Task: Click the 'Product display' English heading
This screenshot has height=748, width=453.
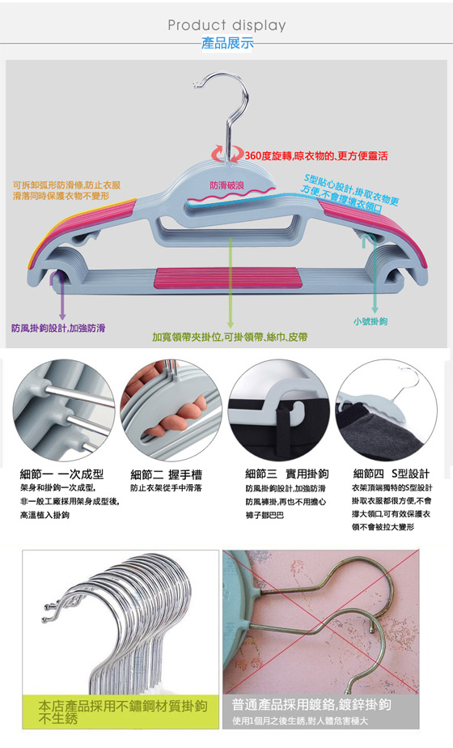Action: coord(226,25)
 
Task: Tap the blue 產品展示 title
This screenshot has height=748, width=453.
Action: coord(227,43)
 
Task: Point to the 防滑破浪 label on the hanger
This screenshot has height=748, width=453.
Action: coord(227,185)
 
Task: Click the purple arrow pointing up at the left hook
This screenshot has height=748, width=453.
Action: coord(61,295)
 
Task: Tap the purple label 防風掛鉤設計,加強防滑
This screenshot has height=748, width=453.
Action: coord(58,328)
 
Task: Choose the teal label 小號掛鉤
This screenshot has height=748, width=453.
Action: coord(370,321)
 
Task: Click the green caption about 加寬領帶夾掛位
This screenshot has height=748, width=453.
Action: coord(230,337)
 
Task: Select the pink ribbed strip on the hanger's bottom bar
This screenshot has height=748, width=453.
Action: coord(228,278)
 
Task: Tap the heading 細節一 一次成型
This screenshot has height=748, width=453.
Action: coord(61,474)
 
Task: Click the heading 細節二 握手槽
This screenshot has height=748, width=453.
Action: coord(167,474)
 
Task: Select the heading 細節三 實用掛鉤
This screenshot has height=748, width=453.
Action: coord(287,474)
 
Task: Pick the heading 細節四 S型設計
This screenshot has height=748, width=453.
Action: coord(391,474)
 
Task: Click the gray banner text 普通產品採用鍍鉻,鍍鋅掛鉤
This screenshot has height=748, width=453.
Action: coord(311,704)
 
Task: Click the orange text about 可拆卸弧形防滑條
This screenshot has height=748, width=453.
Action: coord(67,190)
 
